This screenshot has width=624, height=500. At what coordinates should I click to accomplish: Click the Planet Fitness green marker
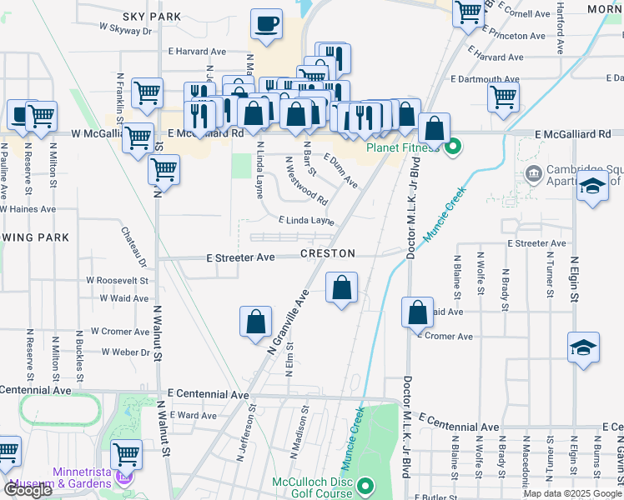point(453,149)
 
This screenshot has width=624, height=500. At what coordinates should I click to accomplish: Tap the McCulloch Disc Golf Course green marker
point(365,486)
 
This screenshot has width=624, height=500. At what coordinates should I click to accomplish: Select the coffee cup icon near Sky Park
point(266,25)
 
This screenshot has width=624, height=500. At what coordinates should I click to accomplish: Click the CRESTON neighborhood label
point(328,253)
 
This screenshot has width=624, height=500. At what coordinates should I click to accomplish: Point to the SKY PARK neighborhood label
point(151,16)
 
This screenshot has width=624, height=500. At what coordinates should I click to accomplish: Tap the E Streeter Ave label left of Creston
point(240,258)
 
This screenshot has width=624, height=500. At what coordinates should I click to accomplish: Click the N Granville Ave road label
point(289,322)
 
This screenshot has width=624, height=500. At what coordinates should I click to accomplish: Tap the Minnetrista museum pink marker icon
point(123,478)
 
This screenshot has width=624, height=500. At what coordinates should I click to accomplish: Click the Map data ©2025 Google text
point(571,493)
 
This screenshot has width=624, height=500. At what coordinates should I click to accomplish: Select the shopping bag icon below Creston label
point(341,289)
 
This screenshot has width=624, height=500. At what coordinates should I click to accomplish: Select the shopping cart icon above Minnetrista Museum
point(126,455)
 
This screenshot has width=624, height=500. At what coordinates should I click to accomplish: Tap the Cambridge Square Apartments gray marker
point(533,174)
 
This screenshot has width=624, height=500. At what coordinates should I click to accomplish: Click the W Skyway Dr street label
point(125,28)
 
